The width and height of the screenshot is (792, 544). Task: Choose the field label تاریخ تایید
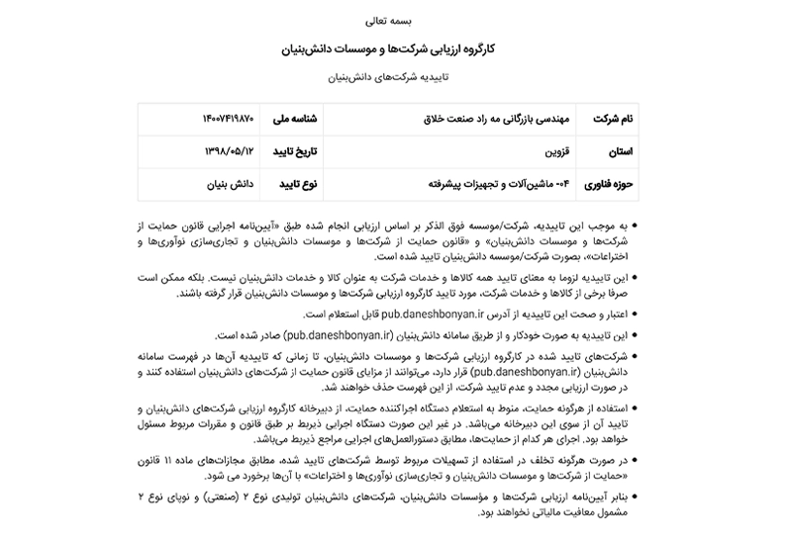[292, 151]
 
